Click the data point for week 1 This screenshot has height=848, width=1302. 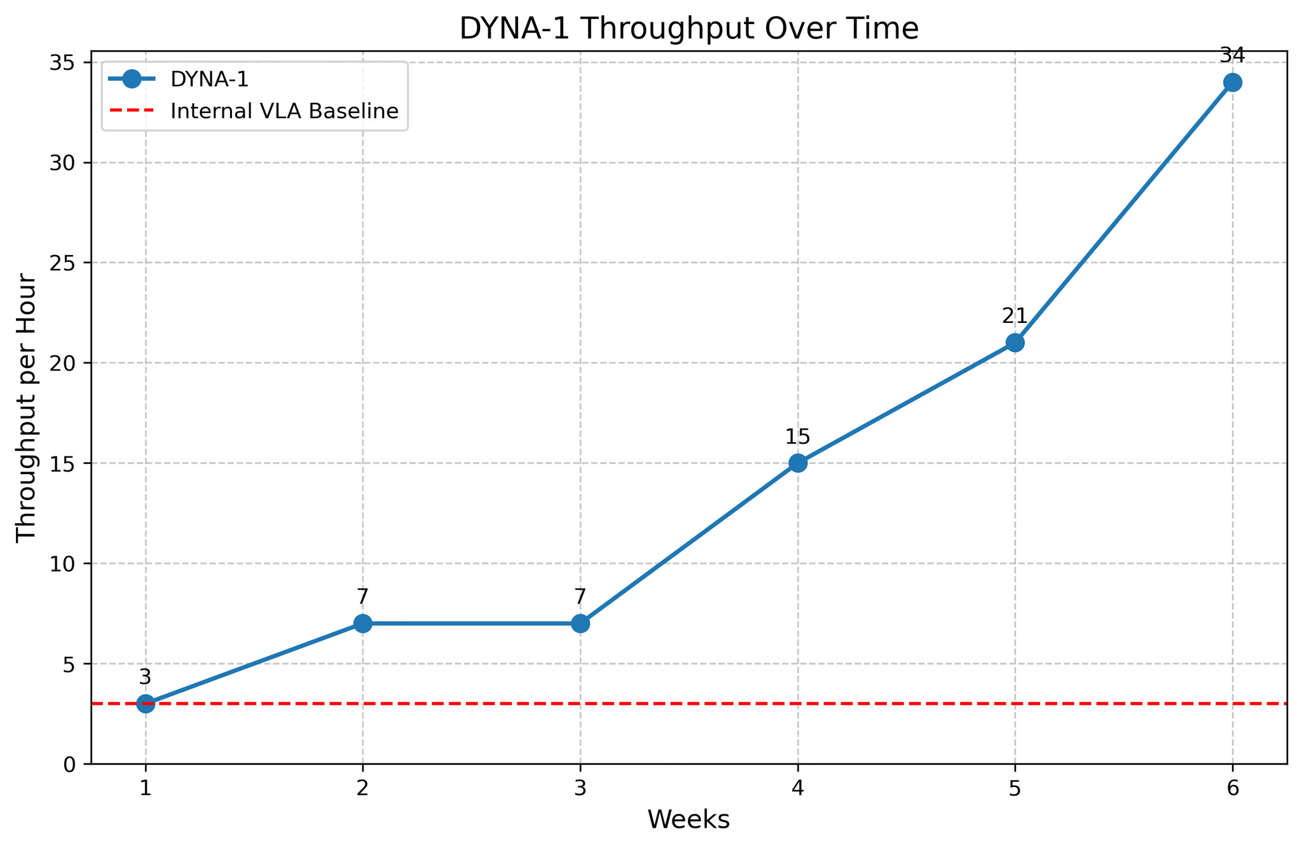coord(146,704)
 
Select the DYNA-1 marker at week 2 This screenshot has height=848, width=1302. coord(362,624)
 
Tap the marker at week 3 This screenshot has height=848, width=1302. coord(580,624)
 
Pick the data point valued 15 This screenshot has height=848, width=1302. coord(798,463)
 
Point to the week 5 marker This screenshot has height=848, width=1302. coord(1015,343)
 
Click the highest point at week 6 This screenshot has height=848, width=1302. coord(1233,83)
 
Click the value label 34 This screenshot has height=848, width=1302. coord(1233,55)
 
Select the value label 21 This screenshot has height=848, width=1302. coord(1015,315)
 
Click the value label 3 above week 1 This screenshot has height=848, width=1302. coord(146,677)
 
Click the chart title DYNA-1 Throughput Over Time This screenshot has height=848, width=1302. coord(689,29)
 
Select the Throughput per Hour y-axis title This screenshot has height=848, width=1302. coord(27,407)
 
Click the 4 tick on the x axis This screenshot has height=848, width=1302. coord(798,788)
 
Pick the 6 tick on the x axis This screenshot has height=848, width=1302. coord(1233,788)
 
